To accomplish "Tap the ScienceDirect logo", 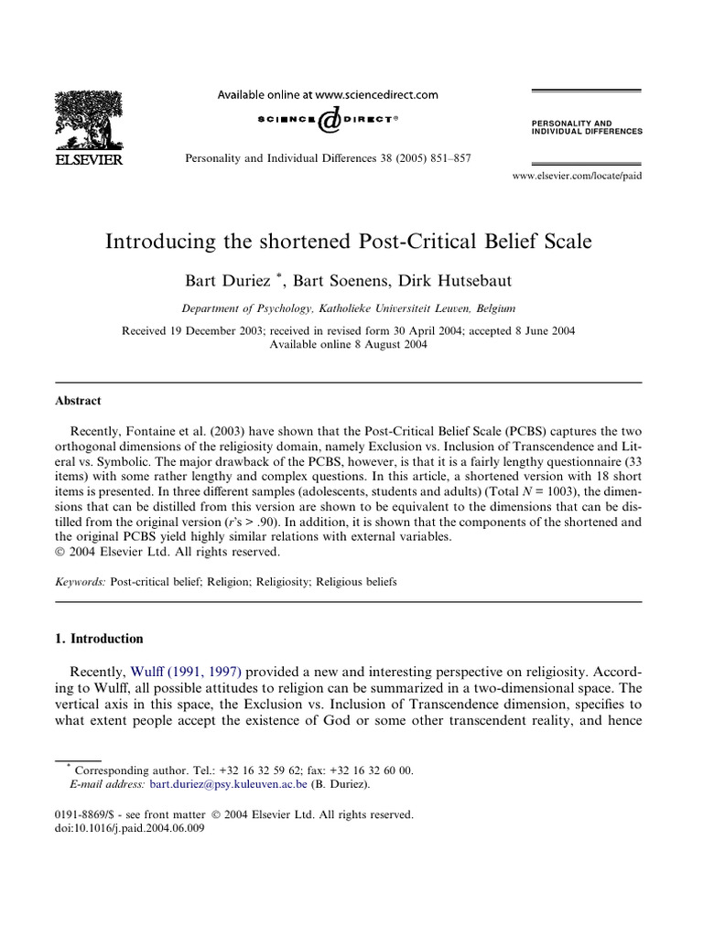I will click(327, 119).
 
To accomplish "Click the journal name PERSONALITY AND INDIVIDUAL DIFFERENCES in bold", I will click(586, 126).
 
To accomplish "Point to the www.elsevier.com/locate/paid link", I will click(577, 175).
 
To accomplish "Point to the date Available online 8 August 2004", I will click(348, 344).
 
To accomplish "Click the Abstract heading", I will click(78, 401).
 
